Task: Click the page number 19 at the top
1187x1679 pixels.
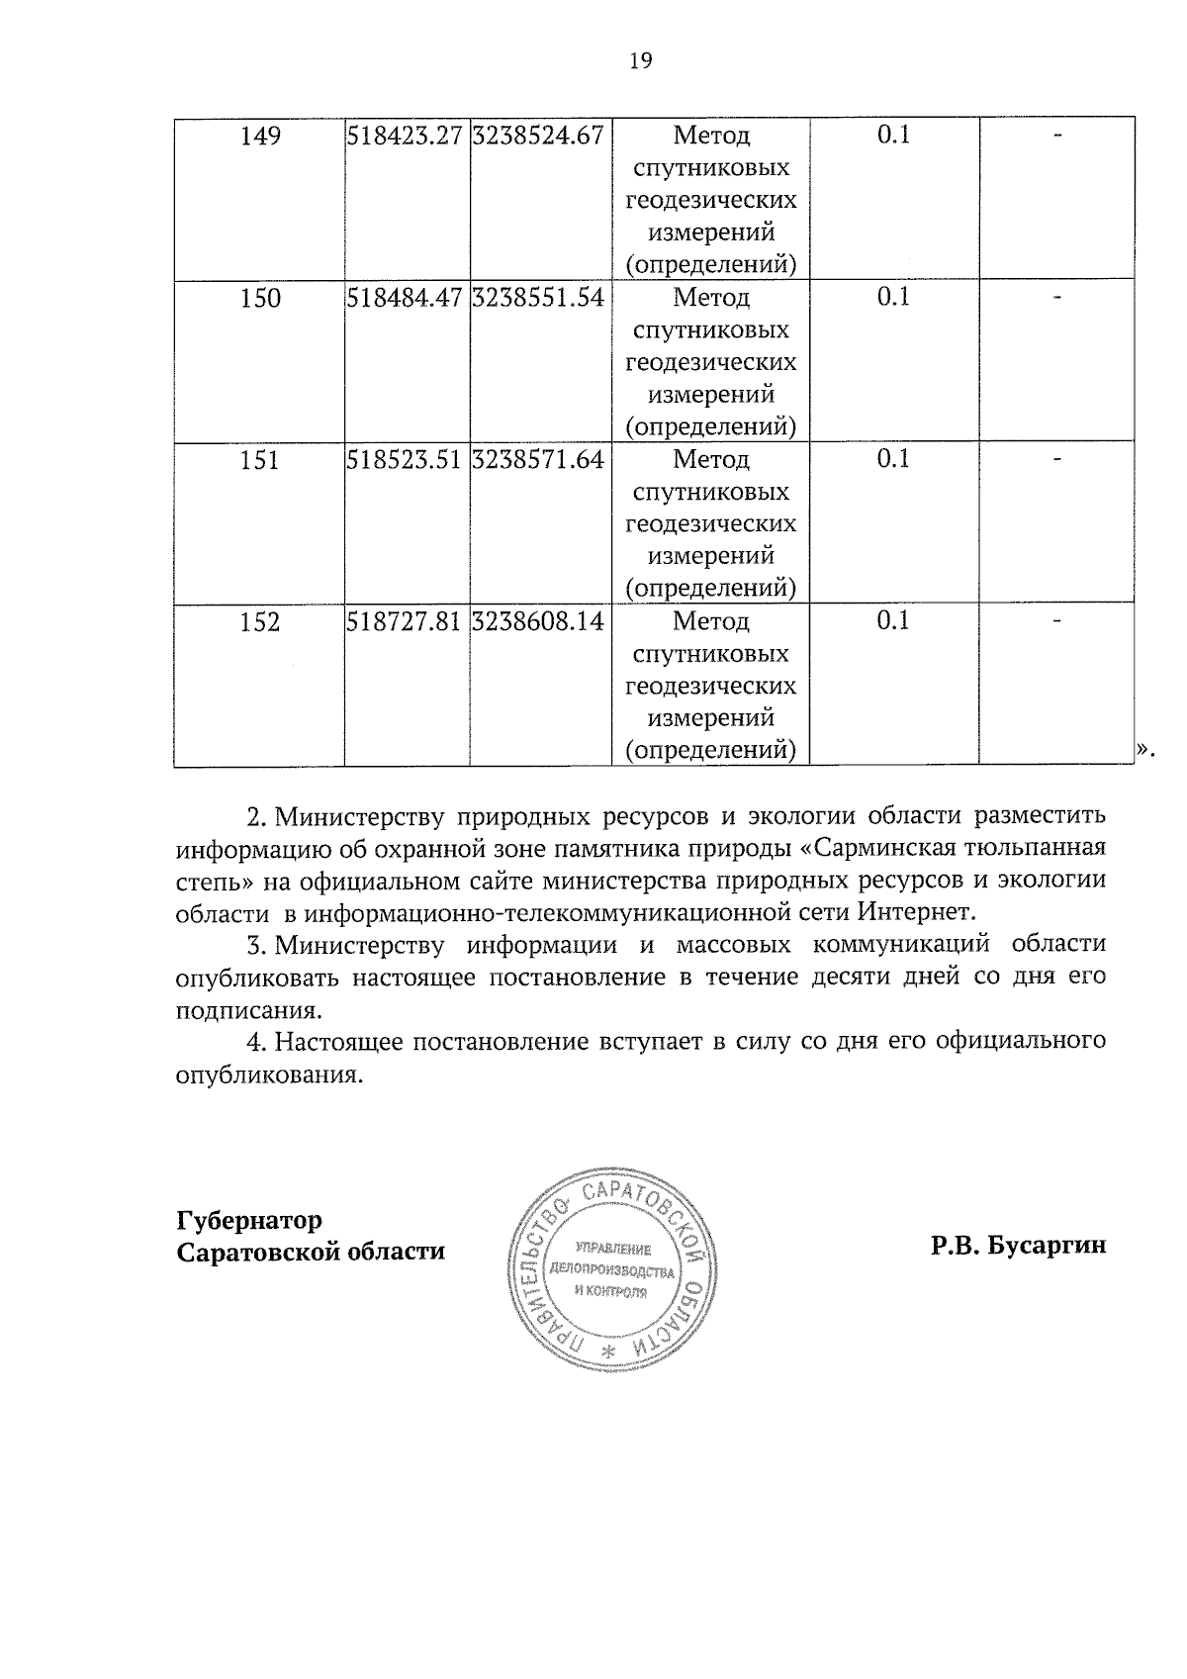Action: coord(641,61)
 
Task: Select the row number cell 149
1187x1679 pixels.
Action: coord(261,136)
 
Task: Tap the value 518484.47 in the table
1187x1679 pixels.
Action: coord(406,298)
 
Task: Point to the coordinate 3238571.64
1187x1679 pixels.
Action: coord(538,459)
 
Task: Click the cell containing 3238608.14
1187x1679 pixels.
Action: coord(538,621)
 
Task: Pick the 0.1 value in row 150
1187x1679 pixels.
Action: coord(893,297)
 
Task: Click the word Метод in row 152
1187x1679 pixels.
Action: coord(711,621)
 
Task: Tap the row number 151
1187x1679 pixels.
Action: coord(260,460)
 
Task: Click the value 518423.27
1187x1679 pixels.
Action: coord(406,136)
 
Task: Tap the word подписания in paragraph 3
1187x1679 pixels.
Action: coord(248,1010)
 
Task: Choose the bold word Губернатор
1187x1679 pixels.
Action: coord(249,1219)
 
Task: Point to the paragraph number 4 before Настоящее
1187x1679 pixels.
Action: coord(253,1042)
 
